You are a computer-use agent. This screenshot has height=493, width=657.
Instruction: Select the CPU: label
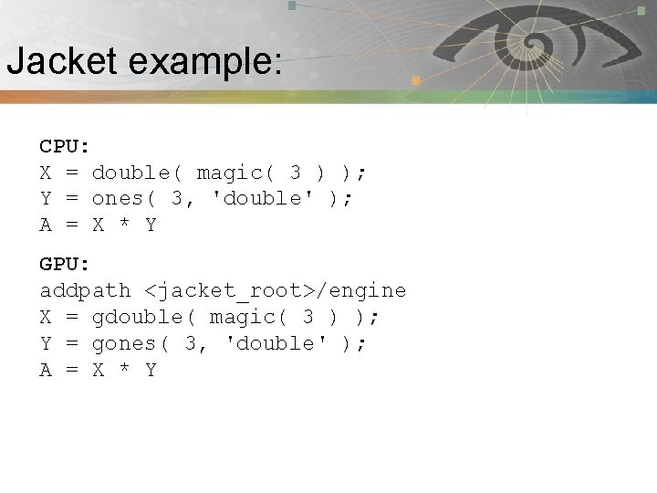[64, 146]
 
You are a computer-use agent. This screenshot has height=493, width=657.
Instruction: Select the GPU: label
[64, 265]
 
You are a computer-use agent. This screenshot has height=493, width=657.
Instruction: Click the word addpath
[85, 291]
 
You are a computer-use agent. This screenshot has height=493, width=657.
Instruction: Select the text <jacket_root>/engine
[275, 291]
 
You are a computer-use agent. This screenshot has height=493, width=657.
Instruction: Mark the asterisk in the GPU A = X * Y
[124, 372]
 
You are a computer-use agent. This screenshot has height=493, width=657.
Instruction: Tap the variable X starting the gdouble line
[46, 318]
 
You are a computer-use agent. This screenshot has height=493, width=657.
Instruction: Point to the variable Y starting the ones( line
[46, 199]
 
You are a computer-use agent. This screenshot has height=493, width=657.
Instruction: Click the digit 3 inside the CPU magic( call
[295, 173]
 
